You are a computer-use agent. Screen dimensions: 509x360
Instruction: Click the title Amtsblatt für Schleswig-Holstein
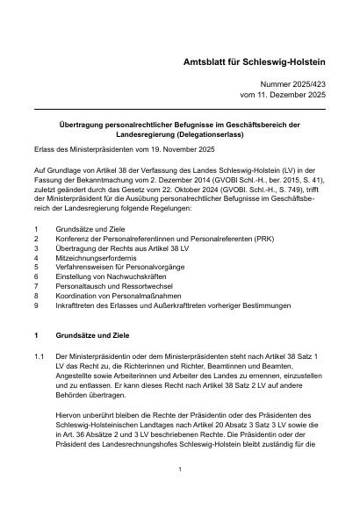pyautogui.click(x=255, y=65)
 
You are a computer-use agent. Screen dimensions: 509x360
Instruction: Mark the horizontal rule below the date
pyautogui.click(x=179, y=109)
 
